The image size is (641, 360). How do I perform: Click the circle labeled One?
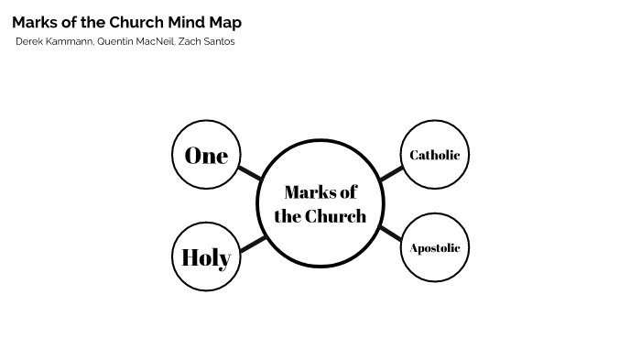click(206, 155)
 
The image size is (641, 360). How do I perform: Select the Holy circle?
click(206, 256)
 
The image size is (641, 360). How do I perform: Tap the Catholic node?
click(435, 155)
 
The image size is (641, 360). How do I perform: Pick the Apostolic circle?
click(435, 247)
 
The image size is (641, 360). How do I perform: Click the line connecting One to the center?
click(250, 172)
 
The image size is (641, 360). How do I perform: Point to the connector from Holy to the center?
click(252, 244)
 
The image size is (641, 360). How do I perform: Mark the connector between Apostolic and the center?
click(390, 233)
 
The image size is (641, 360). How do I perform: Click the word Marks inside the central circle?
click(307, 191)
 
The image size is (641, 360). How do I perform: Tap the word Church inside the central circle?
click(335, 216)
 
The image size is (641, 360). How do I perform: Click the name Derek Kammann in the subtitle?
click(55, 41)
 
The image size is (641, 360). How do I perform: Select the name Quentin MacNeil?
click(136, 41)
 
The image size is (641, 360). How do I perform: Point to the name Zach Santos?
click(207, 41)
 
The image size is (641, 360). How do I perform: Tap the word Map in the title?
click(226, 22)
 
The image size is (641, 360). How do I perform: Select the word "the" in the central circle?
click(287, 216)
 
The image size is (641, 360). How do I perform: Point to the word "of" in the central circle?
click(347, 191)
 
